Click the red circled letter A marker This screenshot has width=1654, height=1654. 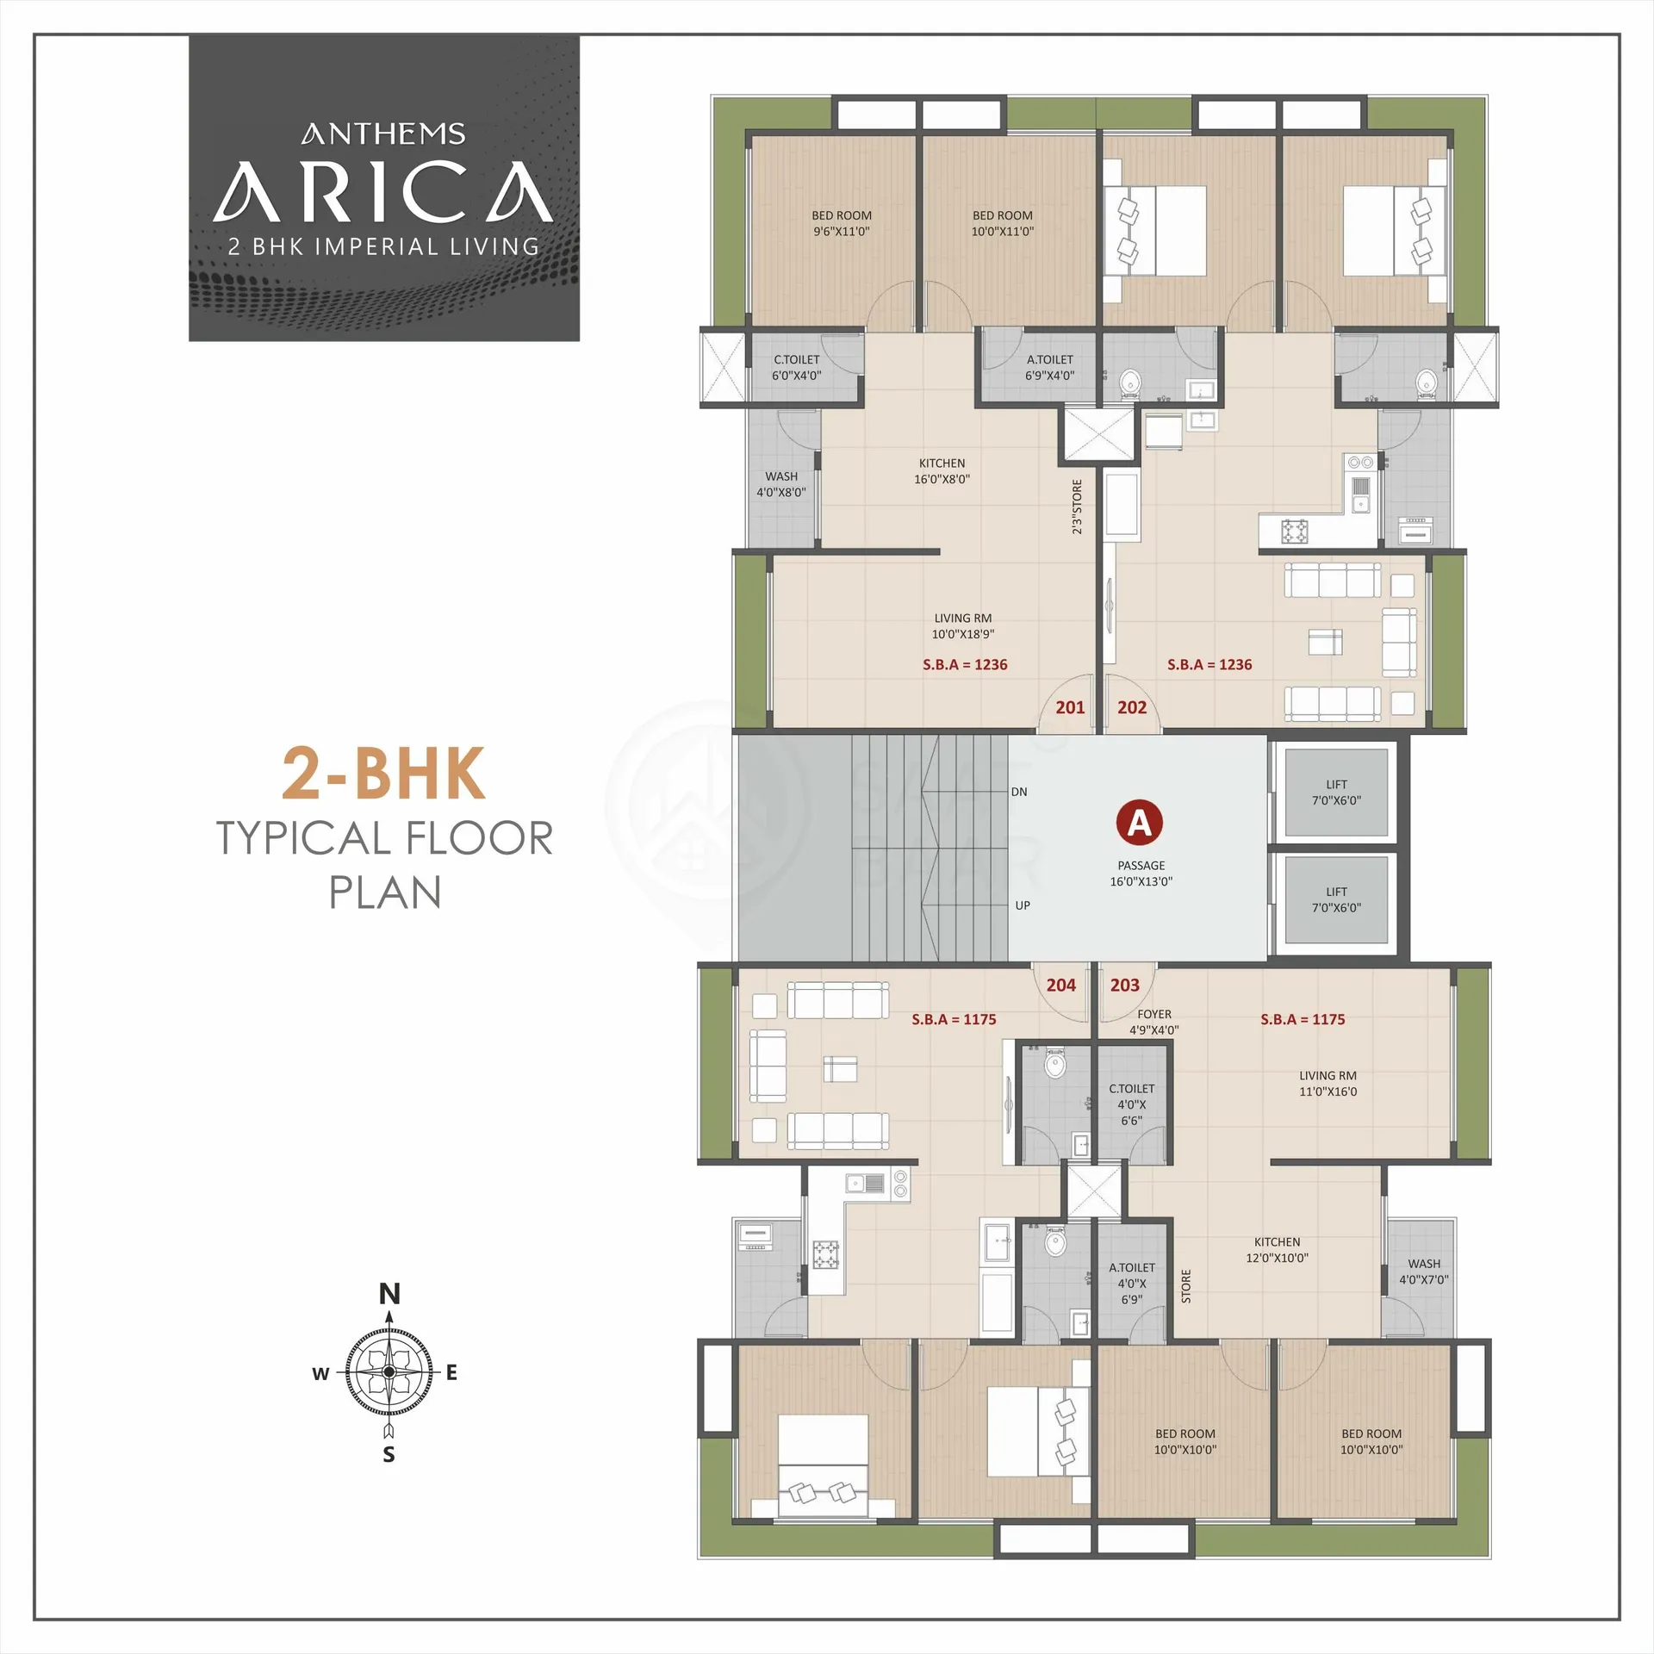click(x=1140, y=824)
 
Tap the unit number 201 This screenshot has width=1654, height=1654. click(x=1070, y=707)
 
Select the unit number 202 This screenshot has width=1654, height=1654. click(x=1132, y=707)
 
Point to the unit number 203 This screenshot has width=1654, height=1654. click(x=1124, y=985)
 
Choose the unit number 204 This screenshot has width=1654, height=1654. click(x=1061, y=985)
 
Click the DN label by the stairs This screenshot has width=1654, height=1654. click(x=1019, y=792)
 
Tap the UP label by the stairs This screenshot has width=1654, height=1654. click(x=1023, y=905)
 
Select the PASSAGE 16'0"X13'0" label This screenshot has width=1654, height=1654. click(x=1141, y=874)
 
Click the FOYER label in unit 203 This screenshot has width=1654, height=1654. click(x=1154, y=1015)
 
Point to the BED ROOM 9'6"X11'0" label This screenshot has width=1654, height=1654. click(x=842, y=223)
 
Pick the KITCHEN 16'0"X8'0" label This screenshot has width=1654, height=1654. click(x=942, y=471)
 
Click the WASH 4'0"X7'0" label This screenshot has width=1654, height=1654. click(x=1424, y=1272)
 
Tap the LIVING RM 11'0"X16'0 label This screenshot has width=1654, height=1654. click(x=1328, y=1084)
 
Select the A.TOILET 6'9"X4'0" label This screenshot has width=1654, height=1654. click(x=1050, y=367)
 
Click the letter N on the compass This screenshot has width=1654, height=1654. click(x=389, y=1294)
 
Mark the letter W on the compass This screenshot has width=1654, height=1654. click(x=320, y=1374)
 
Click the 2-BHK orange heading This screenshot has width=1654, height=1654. click(x=384, y=774)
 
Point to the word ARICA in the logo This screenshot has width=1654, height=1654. click(x=384, y=190)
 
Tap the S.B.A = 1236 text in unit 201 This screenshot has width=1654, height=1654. click(x=965, y=664)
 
